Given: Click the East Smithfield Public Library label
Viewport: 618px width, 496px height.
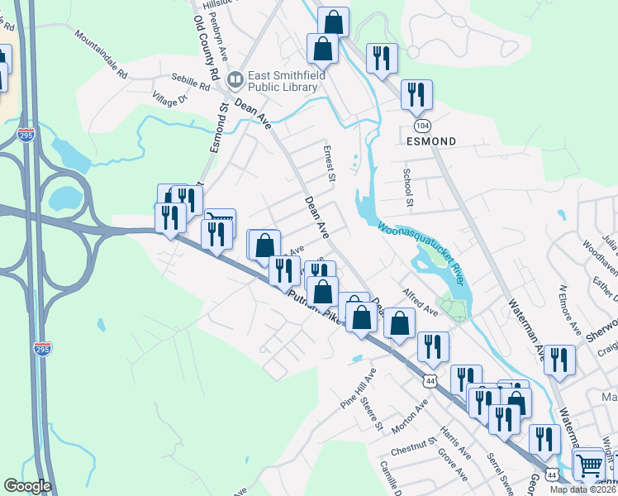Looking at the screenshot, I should [285, 80].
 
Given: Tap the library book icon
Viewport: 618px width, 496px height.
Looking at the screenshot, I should [235, 80].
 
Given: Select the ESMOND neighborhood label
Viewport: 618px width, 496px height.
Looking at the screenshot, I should [431, 141].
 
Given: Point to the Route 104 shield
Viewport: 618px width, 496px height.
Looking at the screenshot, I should [422, 124].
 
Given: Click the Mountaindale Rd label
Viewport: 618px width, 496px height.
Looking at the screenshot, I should [101, 55].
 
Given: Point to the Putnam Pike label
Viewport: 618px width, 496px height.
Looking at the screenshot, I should [314, 304].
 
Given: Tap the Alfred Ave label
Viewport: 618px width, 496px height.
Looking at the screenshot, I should [421, 302].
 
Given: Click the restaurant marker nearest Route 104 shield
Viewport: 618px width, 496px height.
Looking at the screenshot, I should [416, 95].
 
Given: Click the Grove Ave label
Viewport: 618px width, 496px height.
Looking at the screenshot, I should [454, 465].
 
